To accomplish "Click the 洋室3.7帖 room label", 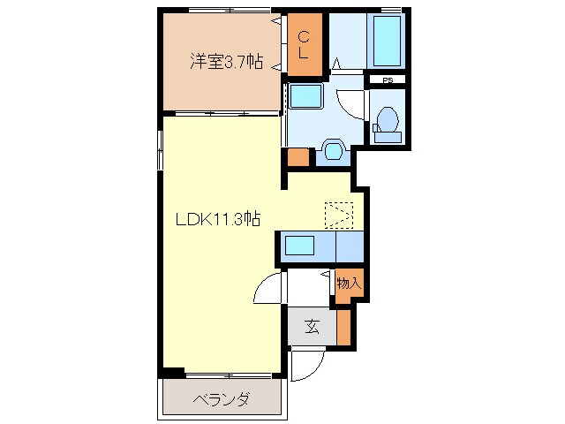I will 225,63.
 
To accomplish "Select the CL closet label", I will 302,45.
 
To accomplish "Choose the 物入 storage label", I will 349,284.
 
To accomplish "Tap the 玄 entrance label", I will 312,327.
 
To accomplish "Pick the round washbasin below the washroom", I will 333,150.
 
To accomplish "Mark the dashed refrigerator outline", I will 338,214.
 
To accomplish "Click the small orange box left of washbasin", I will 298,157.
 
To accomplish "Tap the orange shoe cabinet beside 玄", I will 343,327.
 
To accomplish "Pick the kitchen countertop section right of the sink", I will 350,246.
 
